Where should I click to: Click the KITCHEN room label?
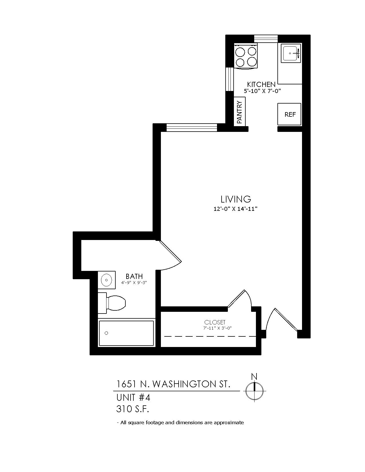coord(261,84)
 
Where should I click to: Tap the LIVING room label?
coord(236,199)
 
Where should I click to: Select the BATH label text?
coord(134,276)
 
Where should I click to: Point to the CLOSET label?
coord(215,322)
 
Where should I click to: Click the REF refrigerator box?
coord(289,114)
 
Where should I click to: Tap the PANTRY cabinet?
coord(239,112)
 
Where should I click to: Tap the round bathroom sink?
coord(106,280)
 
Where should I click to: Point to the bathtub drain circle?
coord(106,333)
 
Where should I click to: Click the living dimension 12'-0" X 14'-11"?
coord(235,209)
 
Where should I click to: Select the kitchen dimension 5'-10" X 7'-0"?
coord(262,91)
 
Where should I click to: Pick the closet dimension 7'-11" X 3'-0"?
coord(217,328)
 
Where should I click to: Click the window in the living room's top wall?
coord(192,128)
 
